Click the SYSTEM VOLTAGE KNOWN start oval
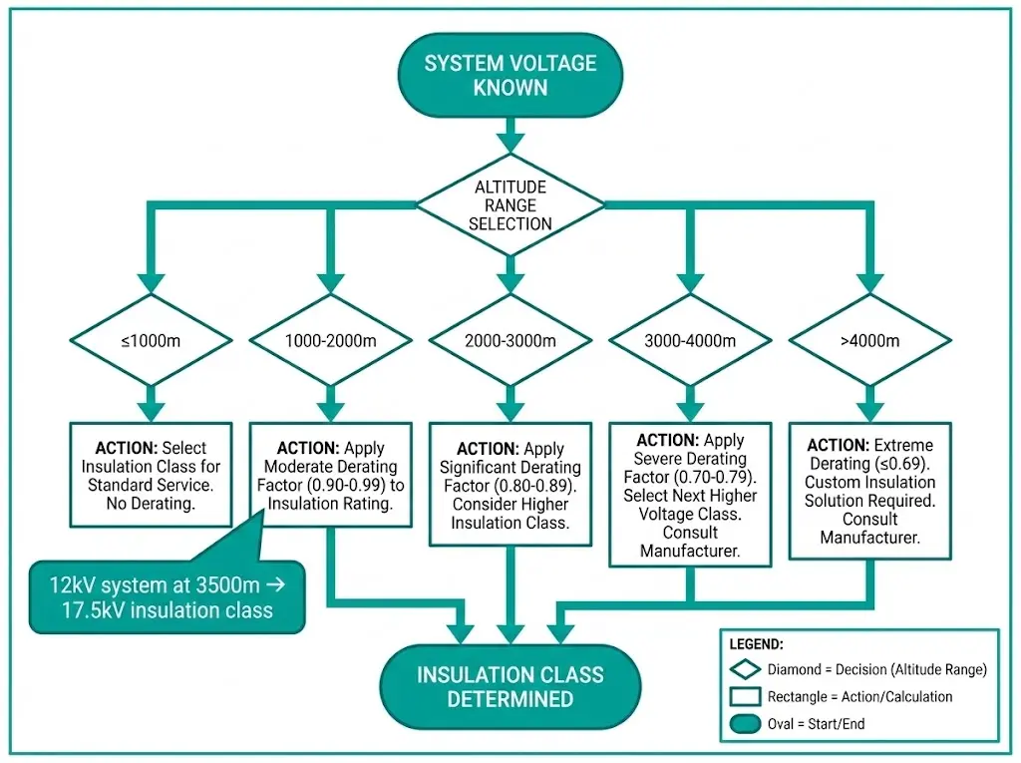click(x=510, y=76)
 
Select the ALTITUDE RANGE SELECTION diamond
click(x=510, y=205)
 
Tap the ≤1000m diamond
click(x=151, y=341)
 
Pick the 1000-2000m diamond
click(x=330, y=341)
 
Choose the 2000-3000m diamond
click(x=510, y=341)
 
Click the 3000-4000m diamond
click(x=689, y=341)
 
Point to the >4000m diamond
click(x=869, y=341)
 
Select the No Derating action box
click(x=151, y=475)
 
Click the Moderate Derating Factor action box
click(x=330, y=475)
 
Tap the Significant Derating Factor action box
click(x=510, y=484)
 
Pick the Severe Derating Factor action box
click(x=689, y=494)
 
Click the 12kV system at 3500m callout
click(x=166, y=596)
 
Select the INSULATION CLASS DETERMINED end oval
click(x=510, y=686)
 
